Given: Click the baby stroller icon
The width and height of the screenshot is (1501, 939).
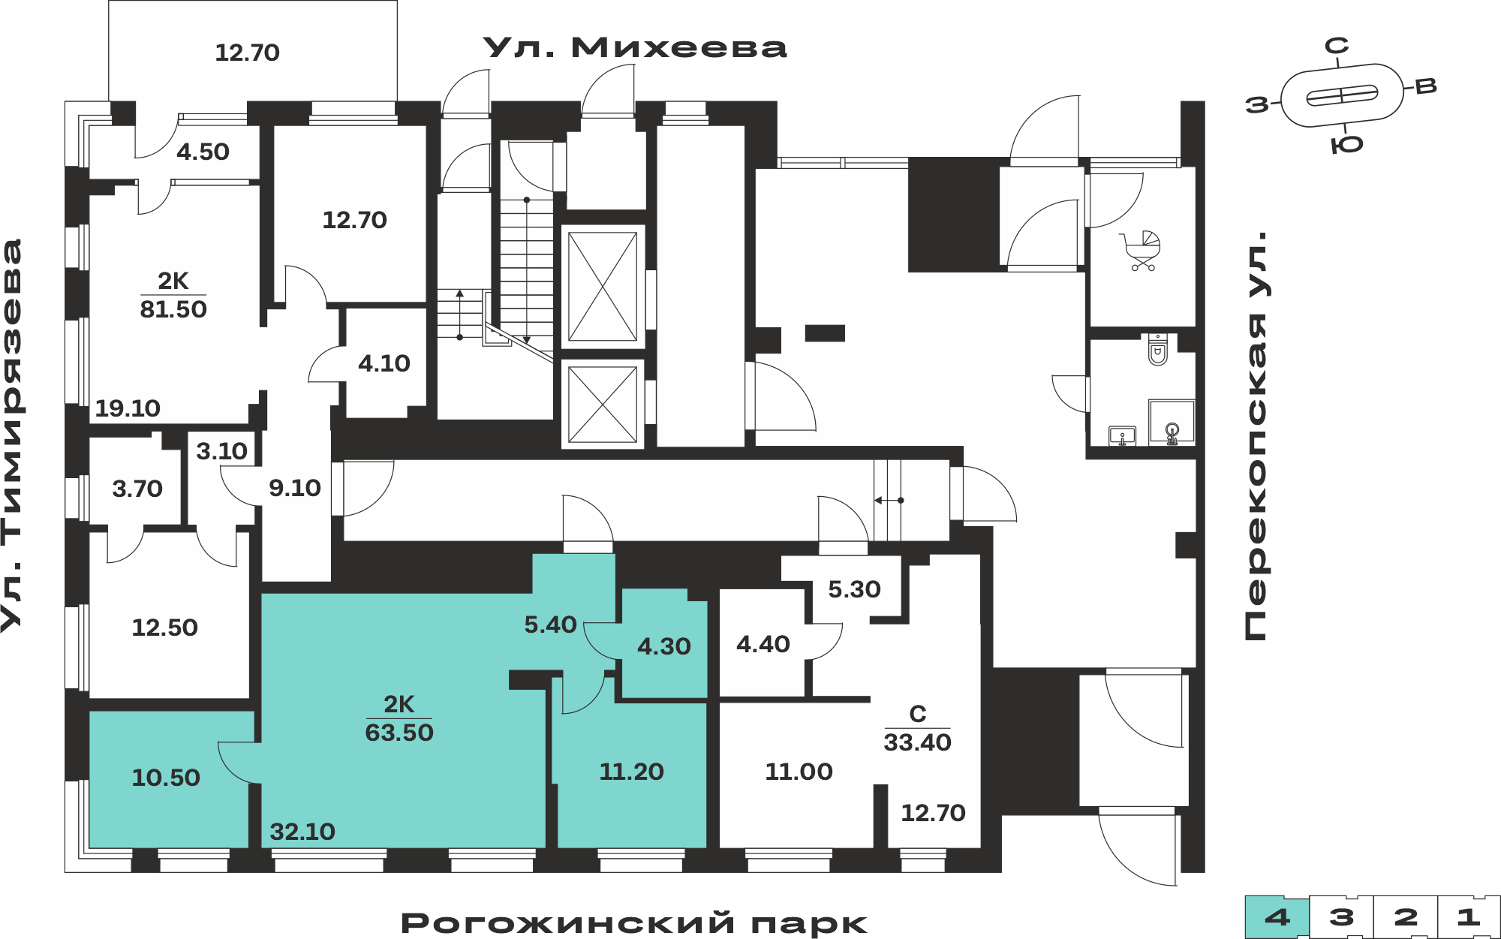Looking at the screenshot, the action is tap(1142, 251).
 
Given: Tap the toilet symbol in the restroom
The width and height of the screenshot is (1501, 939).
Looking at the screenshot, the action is tap(1158, 351).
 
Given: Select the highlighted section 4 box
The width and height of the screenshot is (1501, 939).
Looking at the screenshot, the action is tap(1277, 916).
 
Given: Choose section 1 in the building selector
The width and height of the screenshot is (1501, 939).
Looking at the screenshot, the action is tap(1469, 916).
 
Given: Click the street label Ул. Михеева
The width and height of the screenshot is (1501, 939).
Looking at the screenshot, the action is tap(635, 47).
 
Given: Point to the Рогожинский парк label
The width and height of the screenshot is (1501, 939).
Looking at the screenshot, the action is tap(634, 923).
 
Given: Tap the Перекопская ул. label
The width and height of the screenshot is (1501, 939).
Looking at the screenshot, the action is tap(1256, 436).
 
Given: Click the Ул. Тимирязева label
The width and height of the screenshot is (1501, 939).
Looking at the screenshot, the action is tap(12, 436).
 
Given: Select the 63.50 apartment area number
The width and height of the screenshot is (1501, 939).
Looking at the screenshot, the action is tap(399, 733).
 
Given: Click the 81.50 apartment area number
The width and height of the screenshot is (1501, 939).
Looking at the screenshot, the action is tap(173, 309).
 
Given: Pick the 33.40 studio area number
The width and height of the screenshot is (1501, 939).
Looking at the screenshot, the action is tap(917, 742).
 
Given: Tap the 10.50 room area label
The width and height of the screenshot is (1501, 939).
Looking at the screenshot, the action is tap(166, 778).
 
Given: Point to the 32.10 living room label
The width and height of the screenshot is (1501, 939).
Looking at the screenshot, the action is tap(302, 832).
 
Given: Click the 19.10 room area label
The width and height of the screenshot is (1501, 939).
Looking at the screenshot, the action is tap(128, 408).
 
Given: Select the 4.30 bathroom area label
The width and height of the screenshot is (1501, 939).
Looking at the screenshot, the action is tap(664, 646).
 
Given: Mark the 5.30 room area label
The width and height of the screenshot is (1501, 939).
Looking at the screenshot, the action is tap(854, 589).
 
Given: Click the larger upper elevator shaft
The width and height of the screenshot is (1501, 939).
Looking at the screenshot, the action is tap(603, 286).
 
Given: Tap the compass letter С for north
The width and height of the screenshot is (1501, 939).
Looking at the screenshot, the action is tap(1337, 47).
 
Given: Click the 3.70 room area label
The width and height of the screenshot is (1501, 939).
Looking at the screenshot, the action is tap(137, 489).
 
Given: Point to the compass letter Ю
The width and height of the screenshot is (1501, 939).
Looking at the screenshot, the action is tap(1347, 145).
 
